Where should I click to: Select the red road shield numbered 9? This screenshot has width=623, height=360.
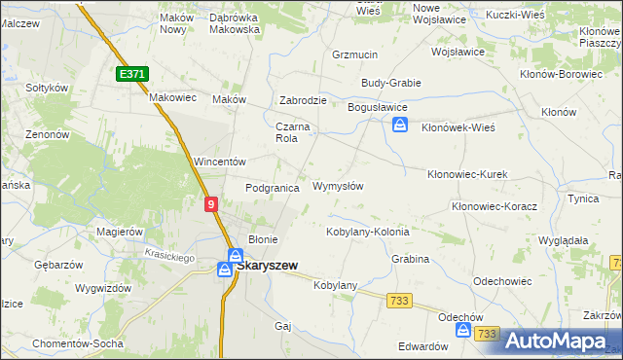(x=211, y=203)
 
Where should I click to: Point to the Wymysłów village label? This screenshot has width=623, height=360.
(x=338, y=186)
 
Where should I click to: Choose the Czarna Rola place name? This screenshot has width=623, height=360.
(x=292, y=132)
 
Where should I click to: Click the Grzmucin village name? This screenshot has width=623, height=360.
(x=354, y=54)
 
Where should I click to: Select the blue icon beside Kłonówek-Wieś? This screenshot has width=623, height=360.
(x=400, y=125)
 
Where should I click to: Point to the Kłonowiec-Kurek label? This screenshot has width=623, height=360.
(x=467, y=173)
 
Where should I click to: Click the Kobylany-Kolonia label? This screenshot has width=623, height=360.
(x=367, y=233)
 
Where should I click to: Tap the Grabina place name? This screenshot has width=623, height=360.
(x=412, y=260)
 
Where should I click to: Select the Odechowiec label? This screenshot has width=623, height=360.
(x=502, y=281)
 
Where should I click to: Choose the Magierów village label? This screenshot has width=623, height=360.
(x=121, y=232)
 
